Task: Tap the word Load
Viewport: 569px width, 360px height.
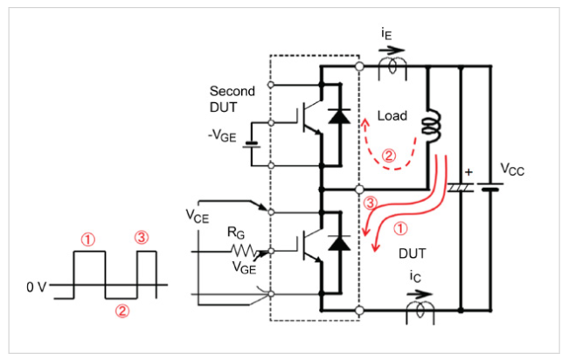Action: (391, 114)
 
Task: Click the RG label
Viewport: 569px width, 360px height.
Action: (235, 232)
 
